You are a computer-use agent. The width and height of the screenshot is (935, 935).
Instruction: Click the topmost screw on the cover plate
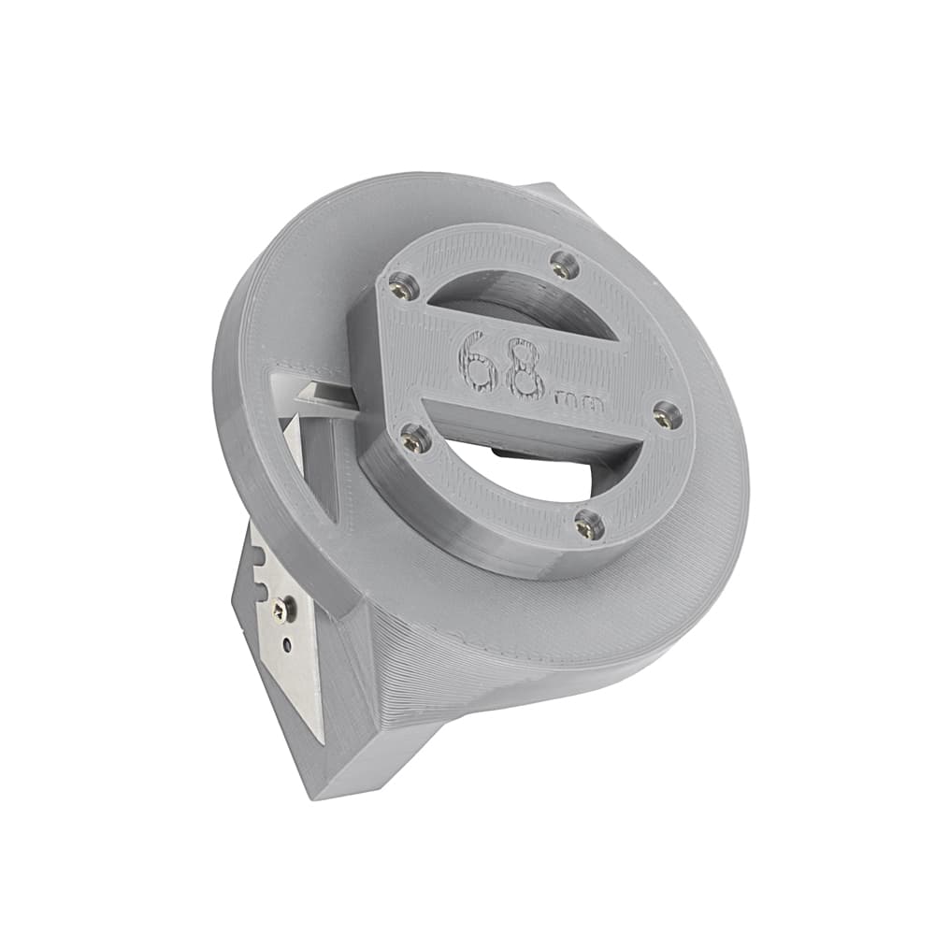tap(562, 262)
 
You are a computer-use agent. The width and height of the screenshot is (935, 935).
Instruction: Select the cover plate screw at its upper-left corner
tap(400, 284)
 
